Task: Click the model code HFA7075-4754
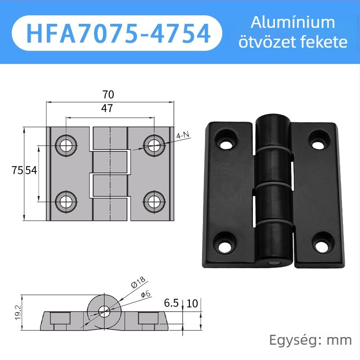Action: [x=118, y=33]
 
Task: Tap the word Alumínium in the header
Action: [x=293, y=23]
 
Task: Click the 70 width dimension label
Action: [x=108, y=94]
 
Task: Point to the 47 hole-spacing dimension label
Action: [x=107, y=108]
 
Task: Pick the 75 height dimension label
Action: [x=18, y=171]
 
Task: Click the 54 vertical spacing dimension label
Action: [x=31, y=171]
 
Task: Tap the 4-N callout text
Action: [x=183, y=135]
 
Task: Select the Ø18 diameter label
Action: [x=138, y=282]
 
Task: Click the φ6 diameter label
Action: [x=145, y=294]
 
